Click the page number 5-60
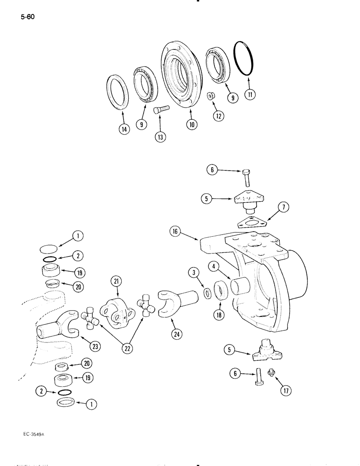[x=28, y=18]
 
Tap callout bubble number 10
[x=192, y=124]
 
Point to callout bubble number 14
[x=123, y=130]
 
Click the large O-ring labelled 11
[x=243, y=58]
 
